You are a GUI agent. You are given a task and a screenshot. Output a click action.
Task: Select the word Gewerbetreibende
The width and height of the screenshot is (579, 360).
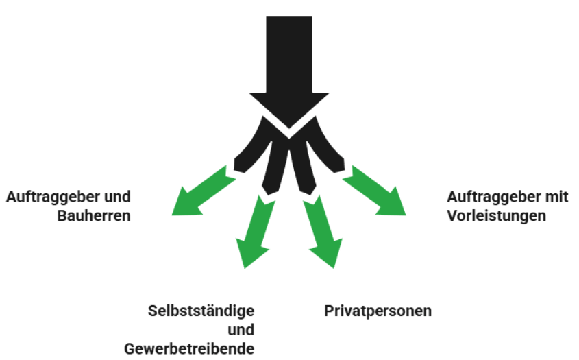point(189,348)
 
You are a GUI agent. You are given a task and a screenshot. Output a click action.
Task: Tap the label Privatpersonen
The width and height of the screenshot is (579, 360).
point(378,311)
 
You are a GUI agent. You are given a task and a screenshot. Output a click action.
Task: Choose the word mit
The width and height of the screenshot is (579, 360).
point(556,197)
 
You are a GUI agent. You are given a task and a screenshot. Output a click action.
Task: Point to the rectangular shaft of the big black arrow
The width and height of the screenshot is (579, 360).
point(288,48)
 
